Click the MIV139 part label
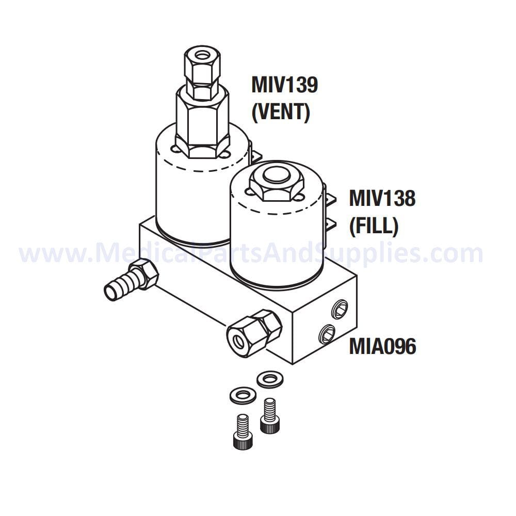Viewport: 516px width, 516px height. tap(284, 85)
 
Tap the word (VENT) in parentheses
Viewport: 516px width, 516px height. tap(281, 112)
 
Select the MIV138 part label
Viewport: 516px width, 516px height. tap(382, 198)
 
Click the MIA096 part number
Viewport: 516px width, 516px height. tap(382, 347)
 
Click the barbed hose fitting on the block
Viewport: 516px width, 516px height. tap(124, 282)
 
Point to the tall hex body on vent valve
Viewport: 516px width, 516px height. tap(202, 121)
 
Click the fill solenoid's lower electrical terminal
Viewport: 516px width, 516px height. tap(330, 225)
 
